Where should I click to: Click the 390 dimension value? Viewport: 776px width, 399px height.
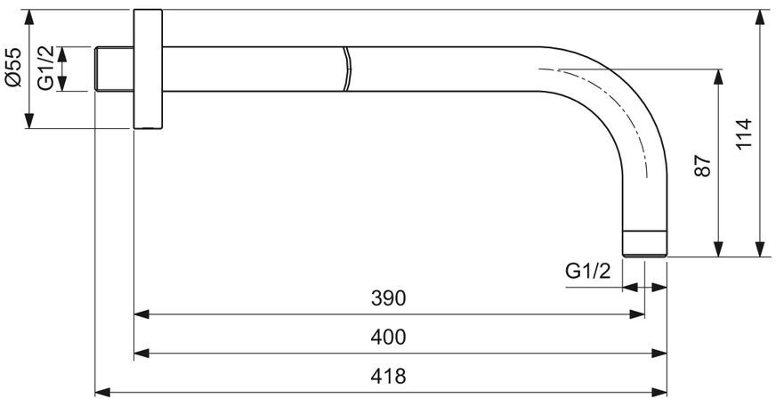coord(388,298)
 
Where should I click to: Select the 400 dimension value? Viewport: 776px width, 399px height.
coord(388,338)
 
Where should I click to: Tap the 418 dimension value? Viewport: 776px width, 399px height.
coord(388,377)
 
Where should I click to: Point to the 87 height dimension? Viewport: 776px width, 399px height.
coord(702,166)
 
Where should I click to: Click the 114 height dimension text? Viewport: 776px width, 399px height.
coord(744,133)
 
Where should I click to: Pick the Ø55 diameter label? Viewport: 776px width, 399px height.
coord(14,67)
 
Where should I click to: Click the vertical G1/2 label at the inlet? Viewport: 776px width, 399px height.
coord(46,69)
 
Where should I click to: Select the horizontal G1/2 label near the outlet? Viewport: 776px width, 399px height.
coord(588,272)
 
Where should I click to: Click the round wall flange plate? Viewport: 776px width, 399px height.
coord(148,69)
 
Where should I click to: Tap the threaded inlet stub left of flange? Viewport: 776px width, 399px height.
coord(114,69)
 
